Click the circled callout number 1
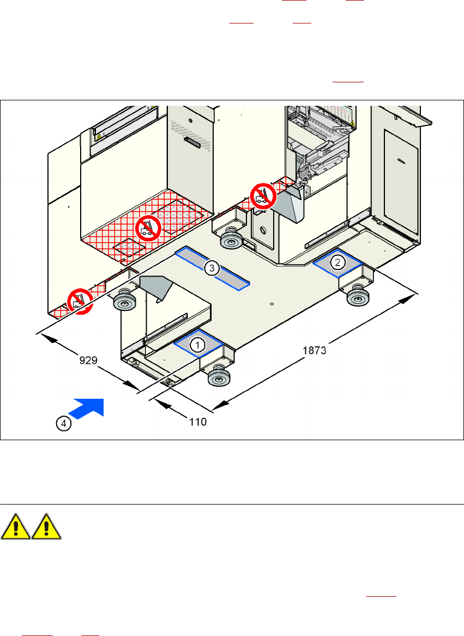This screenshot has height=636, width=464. click(x=197, y=344)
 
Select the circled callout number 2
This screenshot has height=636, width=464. click(x=338, y=262)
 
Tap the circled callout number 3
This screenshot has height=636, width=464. click(x=212, y=267)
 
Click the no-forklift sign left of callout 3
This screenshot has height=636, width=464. click(x=147, y=227)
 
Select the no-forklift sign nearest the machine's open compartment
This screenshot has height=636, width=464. click(x=262, y=195)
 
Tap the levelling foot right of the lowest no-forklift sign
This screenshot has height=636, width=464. click(x=125, y=301)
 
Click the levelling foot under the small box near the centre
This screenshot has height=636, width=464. click(x=231, y=239)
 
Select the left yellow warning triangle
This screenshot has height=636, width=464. click(x=15, y=527)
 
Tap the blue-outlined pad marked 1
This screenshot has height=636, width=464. click(x=198, y=344)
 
